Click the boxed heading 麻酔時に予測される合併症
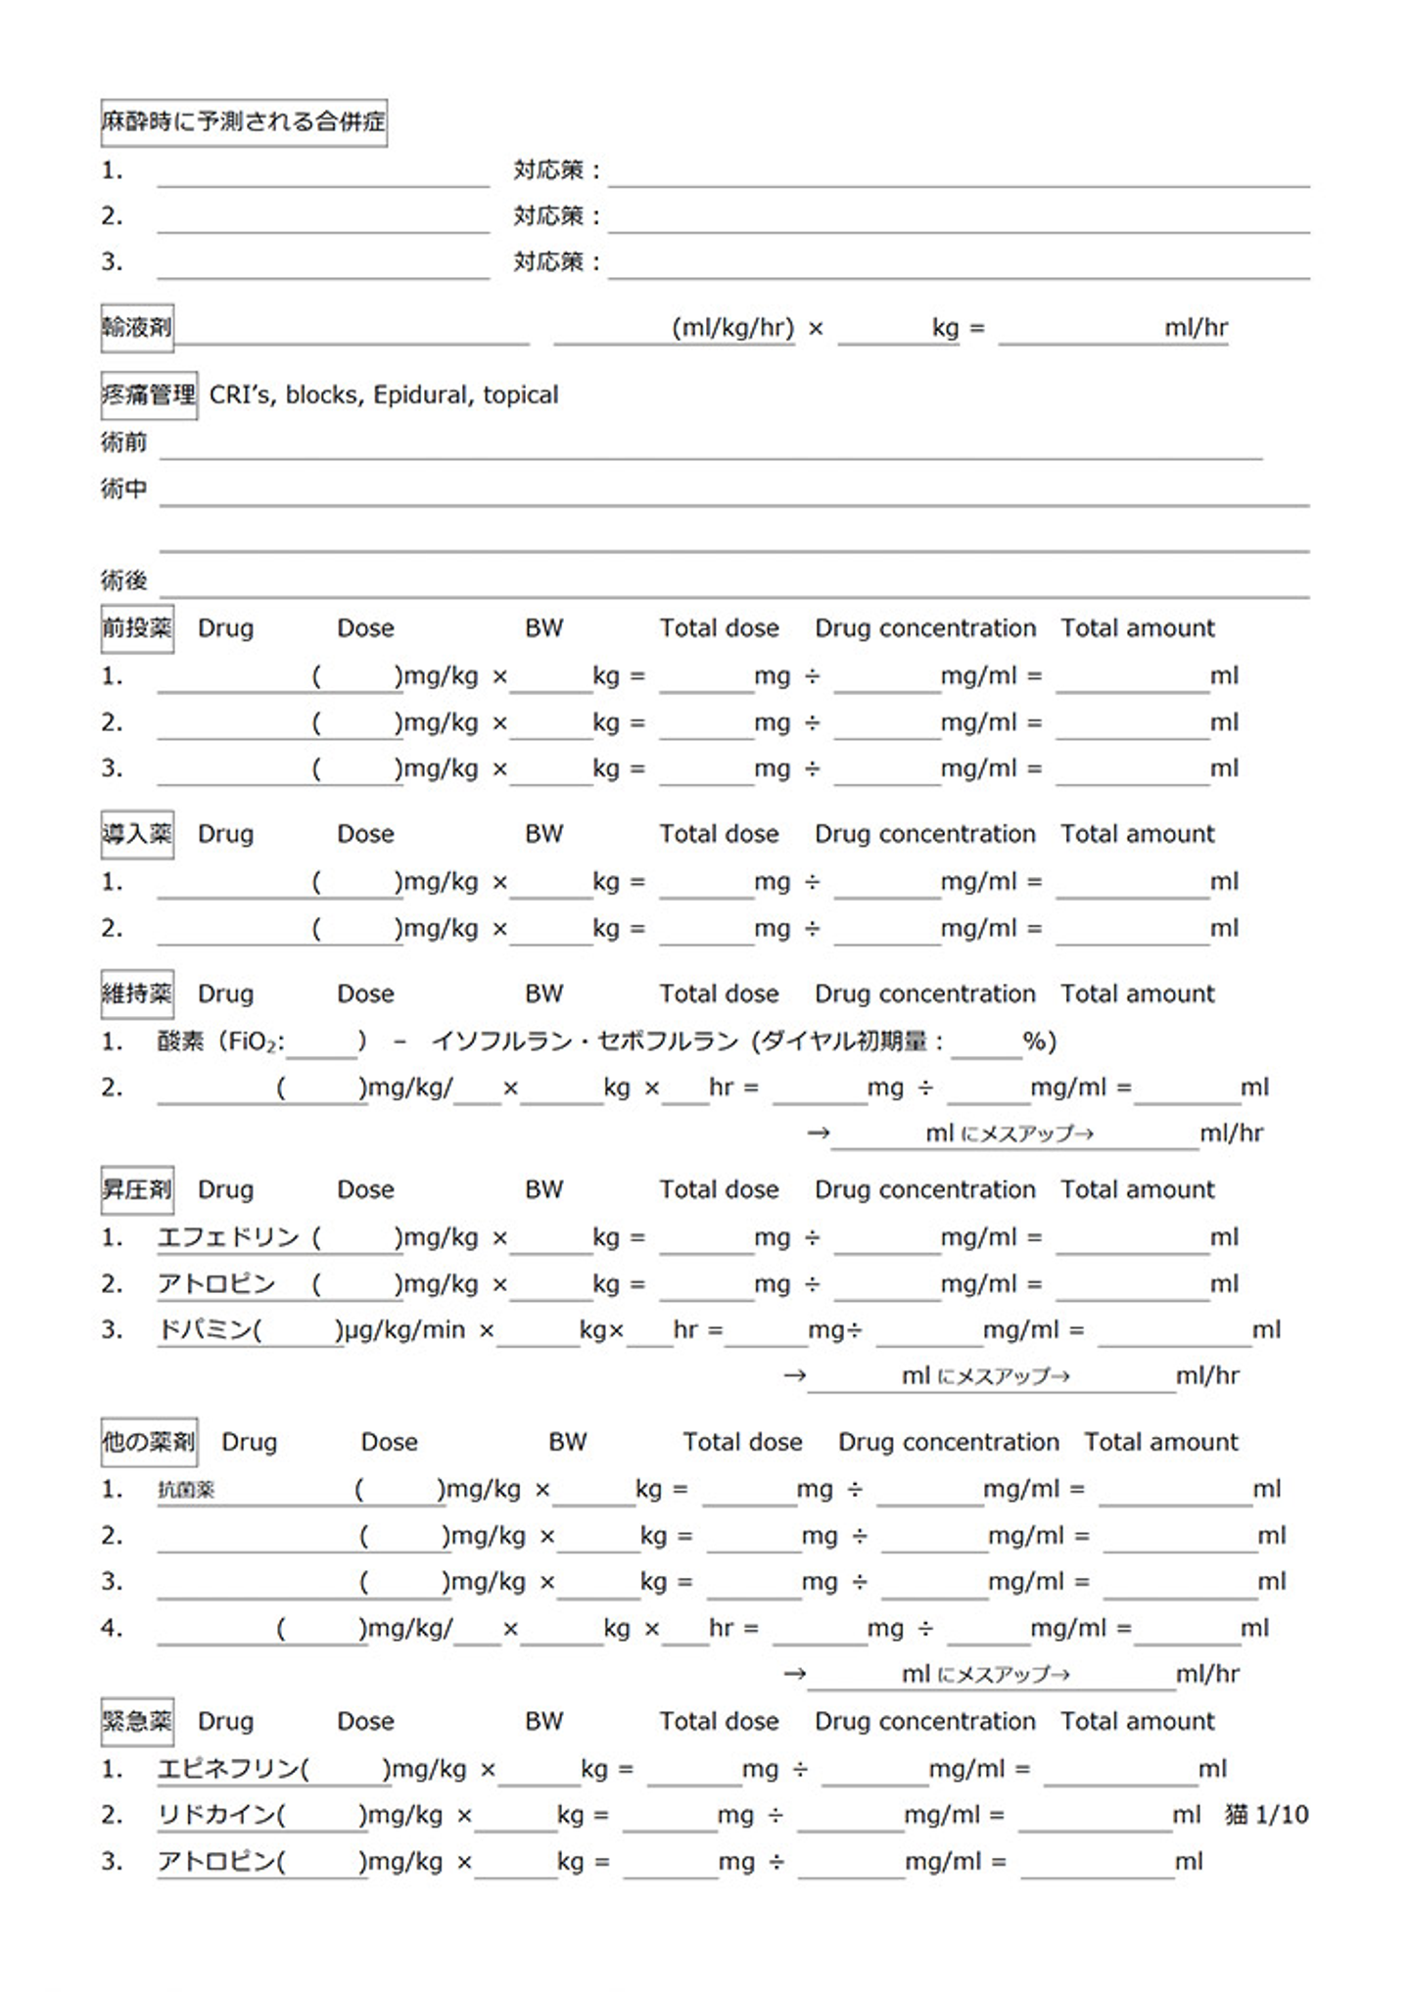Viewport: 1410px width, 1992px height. coord(244,122)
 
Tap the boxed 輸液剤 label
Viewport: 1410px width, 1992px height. coord(137,327)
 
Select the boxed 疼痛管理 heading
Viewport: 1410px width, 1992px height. coord(149,394)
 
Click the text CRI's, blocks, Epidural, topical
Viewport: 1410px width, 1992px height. coord(384,394)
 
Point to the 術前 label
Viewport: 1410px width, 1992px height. coord(123,442)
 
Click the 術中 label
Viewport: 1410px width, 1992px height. coord(123,488)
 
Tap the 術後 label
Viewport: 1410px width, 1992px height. coord(123,580)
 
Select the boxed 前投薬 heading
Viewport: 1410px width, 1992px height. coord(137,627)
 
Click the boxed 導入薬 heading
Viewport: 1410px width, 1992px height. coord(137,834)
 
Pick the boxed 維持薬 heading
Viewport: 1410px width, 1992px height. coord(137,994)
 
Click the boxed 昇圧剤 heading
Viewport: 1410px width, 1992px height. coord(137,1189)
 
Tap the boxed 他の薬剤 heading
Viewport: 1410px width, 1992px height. coord(149,1442)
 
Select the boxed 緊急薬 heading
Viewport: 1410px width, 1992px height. coord(137,1721)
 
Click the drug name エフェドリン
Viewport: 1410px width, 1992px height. coord(228,1237)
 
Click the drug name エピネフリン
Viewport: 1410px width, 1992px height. coord(228,1769)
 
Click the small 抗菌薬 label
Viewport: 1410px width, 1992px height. coord(186,1490)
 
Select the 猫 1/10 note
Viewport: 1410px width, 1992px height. coord(1266,1815)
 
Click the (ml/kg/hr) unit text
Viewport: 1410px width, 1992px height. coord(732,328)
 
